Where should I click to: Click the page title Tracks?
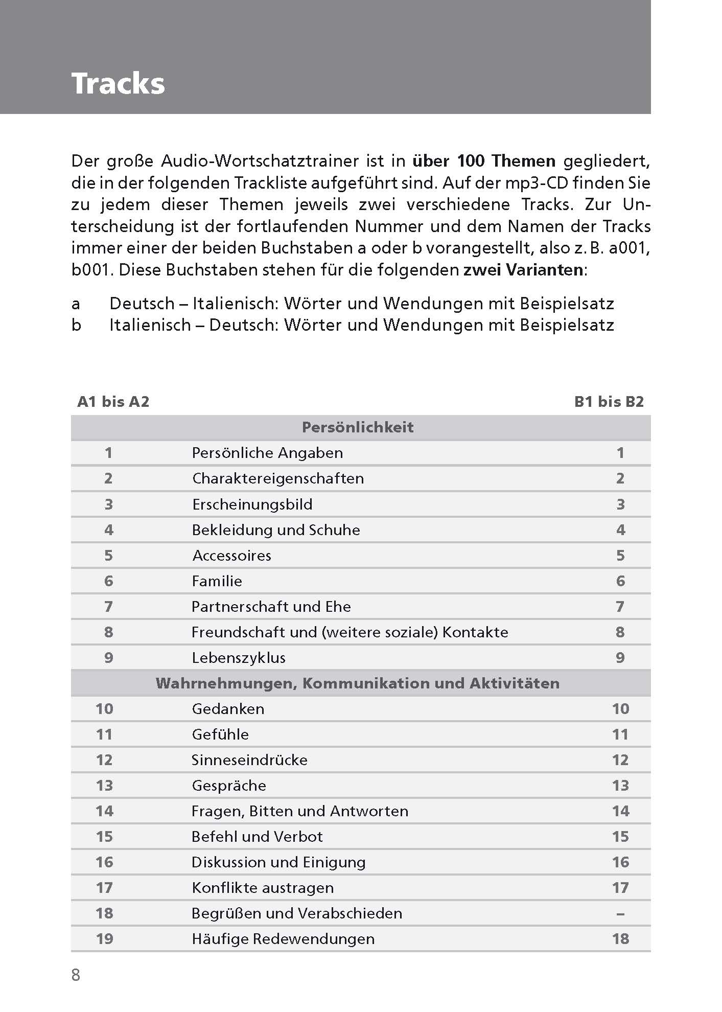(118, 83)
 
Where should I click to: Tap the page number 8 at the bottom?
(76, 975)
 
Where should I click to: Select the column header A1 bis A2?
(113, 402)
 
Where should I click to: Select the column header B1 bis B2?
(609, 402)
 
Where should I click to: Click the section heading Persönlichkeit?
(358, 427)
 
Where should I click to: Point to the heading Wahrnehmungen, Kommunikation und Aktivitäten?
(358, 683)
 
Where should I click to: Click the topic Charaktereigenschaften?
(277, 478)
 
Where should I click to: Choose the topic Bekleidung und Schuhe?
(275, 530)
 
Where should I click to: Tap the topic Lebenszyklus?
(238, 658)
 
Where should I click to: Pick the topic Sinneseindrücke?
(249, 760)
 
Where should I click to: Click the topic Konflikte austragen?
(263, 888)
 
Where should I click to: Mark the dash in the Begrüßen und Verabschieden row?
(620, 913)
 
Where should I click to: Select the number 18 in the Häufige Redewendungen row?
(620, 939)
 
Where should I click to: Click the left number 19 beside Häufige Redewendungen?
(104, 939)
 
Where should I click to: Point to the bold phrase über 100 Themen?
(483, 162)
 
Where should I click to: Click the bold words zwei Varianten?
(523, 270)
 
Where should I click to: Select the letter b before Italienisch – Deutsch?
(76, 325)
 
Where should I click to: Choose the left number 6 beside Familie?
(108, 581)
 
